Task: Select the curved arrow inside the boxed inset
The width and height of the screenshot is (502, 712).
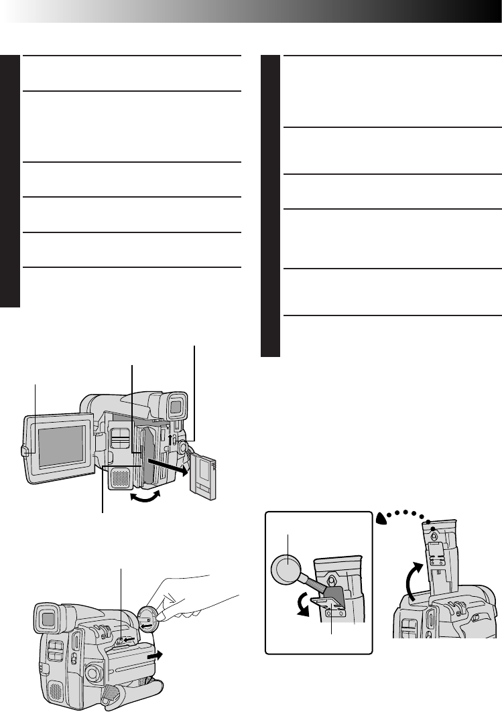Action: click(x=306, y=603)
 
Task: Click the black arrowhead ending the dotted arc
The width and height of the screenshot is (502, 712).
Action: click(x=381, y=516)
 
